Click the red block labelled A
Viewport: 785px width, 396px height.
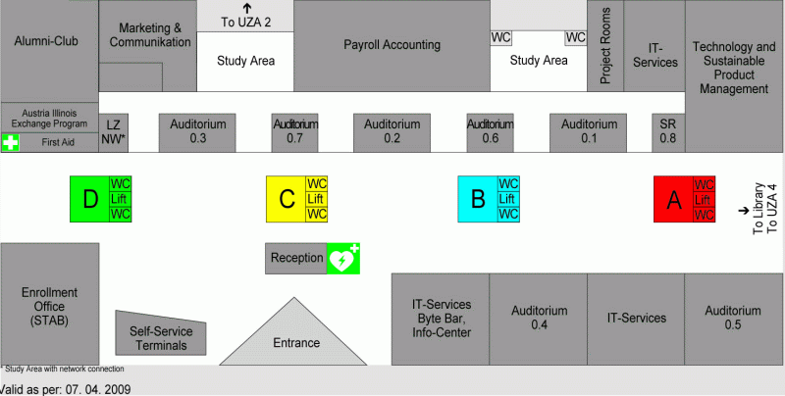(673, 199)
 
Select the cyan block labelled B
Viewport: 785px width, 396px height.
(478, 199)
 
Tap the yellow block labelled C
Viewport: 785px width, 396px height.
(287, 199)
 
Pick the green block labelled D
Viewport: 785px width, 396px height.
(89, 199)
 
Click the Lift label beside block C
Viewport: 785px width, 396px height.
(316, 199)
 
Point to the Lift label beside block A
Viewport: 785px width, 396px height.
(704, 199)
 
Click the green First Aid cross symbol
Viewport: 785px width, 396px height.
(10, 143)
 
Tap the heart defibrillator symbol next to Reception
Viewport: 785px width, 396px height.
(342, 259)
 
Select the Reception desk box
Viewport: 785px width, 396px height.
(296, 258)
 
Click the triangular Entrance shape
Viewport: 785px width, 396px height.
(296, 338)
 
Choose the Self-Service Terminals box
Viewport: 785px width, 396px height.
(161, 333)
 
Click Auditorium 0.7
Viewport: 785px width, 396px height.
(295, 132)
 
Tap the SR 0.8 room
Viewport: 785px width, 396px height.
(668, 132)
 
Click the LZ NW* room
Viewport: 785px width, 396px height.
(114, 132)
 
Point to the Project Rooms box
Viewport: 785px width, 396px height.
(605, 45)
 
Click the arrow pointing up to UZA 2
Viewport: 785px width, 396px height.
(245, 9)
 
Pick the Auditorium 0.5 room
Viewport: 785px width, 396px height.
(733, 318)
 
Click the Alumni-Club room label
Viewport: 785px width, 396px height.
(46, 41)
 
